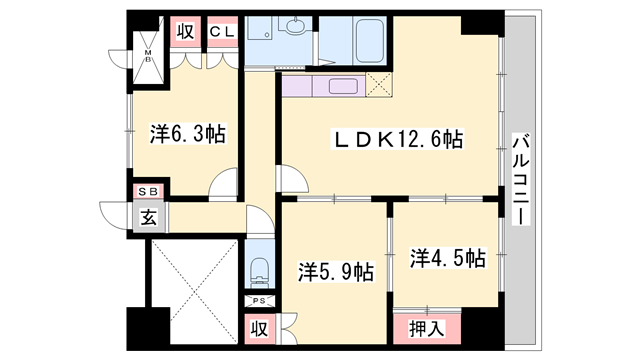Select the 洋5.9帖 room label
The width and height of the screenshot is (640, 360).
pyautogui.click(x=336, y=270)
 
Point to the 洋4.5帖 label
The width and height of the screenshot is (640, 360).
pyautogui.click(x=447, y=258)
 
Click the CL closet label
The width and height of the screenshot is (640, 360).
pyautogui.click(x=222, y=32)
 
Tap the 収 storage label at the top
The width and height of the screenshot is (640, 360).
pyautogui.click(x=185, y=32)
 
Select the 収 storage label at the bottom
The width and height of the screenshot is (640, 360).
pyautogui.click(x=258, y=327)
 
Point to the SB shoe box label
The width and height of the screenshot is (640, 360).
pyautogui.click(x=148, y=191)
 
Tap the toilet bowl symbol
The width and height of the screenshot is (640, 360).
pyautogui.click(x=259, y=268)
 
